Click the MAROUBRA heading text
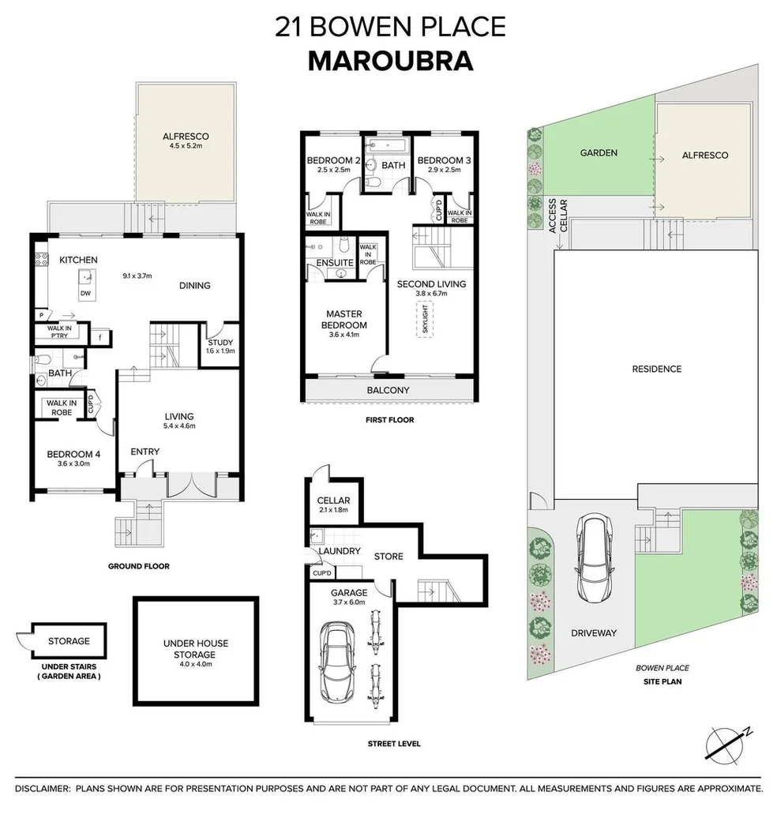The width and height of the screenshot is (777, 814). (390, 61)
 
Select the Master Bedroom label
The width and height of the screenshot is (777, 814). (343, 320)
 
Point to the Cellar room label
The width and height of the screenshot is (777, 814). (333, 501)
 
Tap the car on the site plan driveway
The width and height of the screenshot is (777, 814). (591, 557)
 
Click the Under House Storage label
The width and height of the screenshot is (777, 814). (195, 648)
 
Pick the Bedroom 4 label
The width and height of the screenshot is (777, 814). (73, 454)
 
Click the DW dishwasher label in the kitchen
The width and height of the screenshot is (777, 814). (84, 293)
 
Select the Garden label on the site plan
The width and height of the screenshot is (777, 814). (599, 153)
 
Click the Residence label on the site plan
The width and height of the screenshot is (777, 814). (656, 369)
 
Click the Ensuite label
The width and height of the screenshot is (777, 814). (335, 262)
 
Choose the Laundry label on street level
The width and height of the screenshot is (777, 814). (340, 551)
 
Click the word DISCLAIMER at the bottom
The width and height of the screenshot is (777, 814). (42, 789)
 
